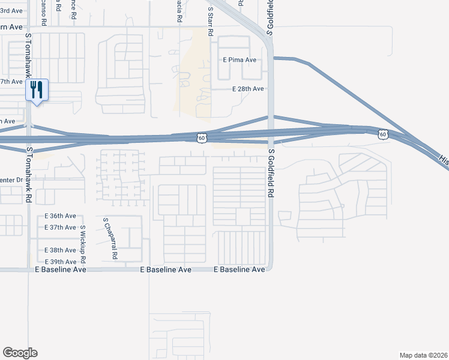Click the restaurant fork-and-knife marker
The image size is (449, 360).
[37, 91]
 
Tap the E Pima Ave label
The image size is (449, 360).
[240, 60]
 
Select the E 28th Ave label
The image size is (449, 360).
[248, 89]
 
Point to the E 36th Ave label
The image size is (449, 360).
[61, 216]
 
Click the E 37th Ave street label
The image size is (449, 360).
[61, 227]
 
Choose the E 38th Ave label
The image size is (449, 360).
[61, 250]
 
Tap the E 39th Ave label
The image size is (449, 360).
[61, 262]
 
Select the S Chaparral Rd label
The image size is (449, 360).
[110, 238]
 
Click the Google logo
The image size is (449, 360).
[20, 353]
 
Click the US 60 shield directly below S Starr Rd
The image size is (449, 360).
[202, 138]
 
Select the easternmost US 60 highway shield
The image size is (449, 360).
[383, 134]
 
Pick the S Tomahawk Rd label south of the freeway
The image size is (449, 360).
[28, 175]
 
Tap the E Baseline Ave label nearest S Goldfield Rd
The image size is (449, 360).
[240, 270]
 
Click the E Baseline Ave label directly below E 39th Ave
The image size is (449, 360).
[61, 270]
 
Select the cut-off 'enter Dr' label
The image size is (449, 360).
[11, 179]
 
